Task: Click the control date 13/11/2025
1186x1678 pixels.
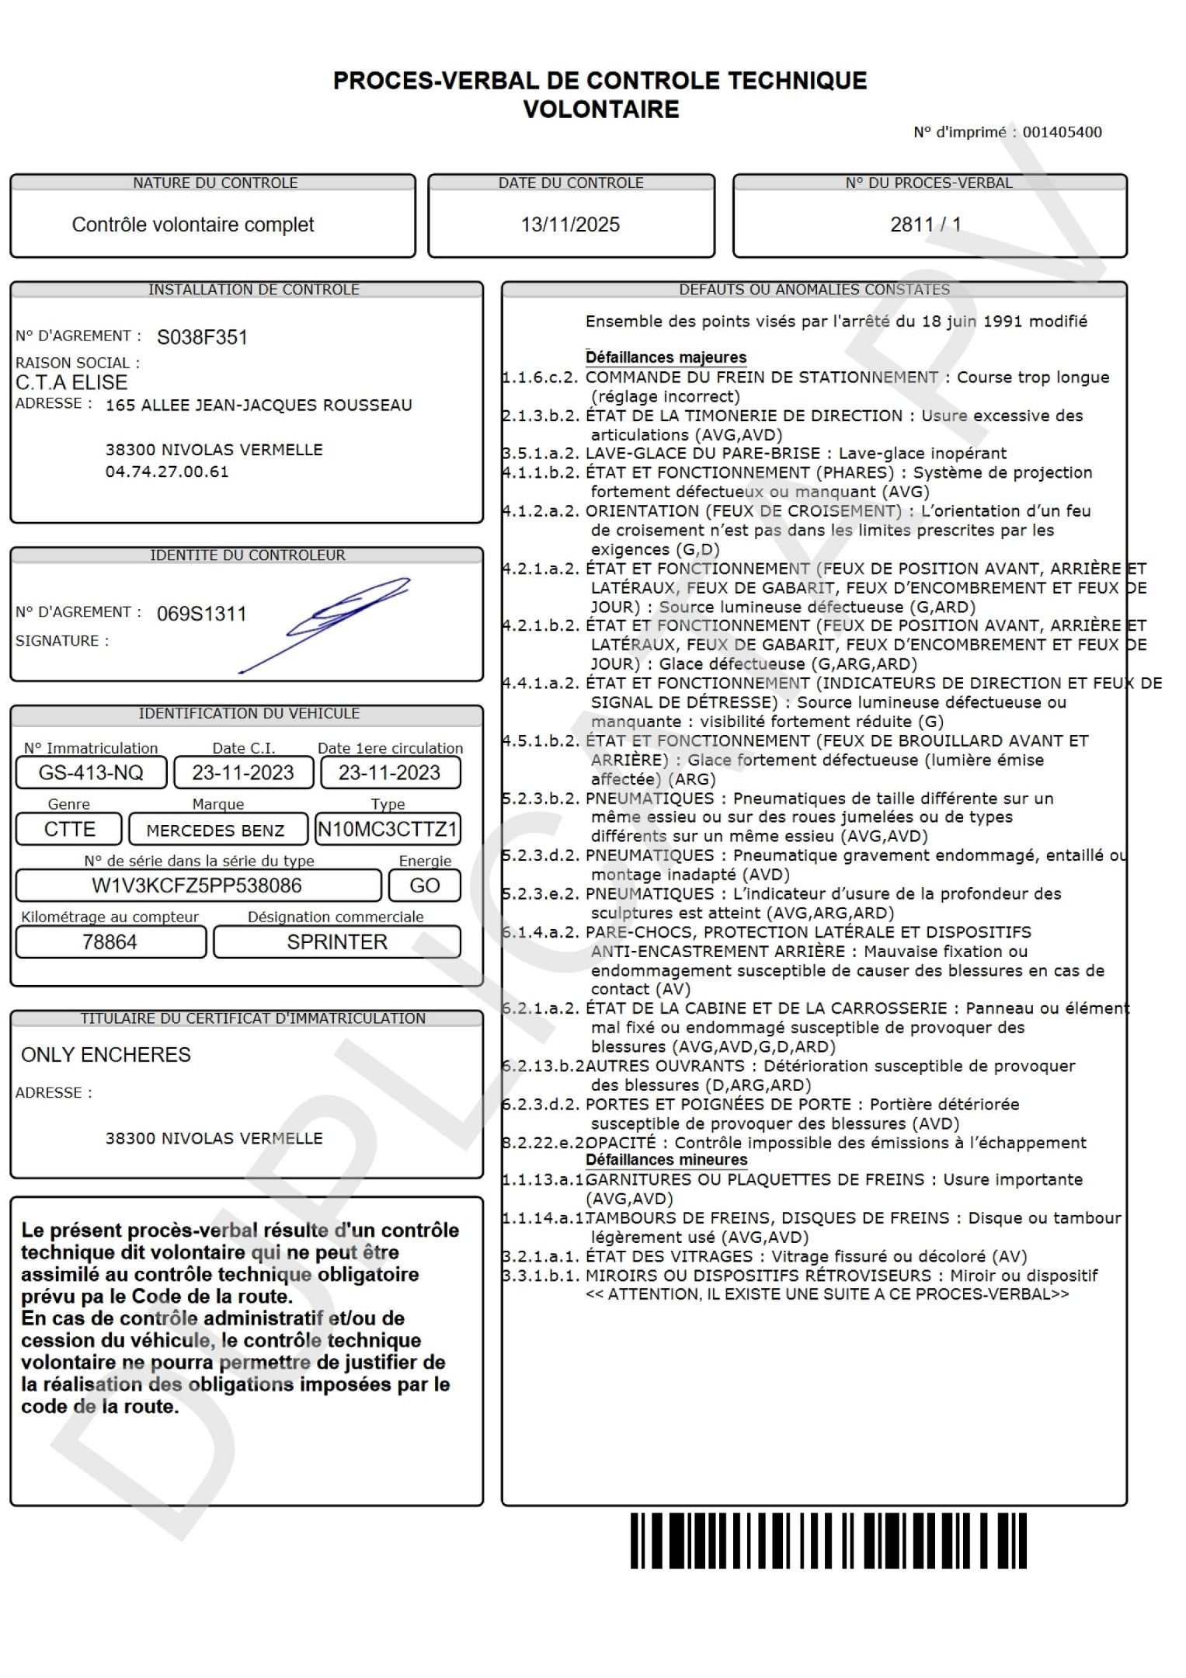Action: coord(570,225)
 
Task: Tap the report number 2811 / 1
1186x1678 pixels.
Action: coord(926,225)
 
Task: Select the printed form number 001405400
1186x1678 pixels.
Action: coord(1062,132)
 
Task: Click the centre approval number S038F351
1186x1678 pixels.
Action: coord(202,337)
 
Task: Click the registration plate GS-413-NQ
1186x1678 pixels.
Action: coord(91,772)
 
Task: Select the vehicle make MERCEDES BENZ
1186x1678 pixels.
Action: coord(215,830)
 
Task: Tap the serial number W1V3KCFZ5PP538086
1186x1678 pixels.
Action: coord(197,886)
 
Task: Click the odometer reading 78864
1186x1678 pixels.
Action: coord(110,942)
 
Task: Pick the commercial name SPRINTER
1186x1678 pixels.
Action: coord(337,942)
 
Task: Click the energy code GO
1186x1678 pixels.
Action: coord(424,886)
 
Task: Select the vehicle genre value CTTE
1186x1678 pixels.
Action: coord(69,829)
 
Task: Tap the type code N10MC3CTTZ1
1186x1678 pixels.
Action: coord(388,829)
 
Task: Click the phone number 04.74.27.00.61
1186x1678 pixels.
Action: coord(167,472)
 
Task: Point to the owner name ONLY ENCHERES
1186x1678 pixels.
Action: coord(106,1054)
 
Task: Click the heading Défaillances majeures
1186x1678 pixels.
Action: coord(666,357)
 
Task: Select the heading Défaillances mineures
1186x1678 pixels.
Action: coord(666,1160)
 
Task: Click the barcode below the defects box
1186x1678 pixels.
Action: coord(828,1540)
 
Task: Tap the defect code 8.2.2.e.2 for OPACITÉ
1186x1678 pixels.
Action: coord(543,1143)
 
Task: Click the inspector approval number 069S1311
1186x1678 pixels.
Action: coord(201,614)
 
